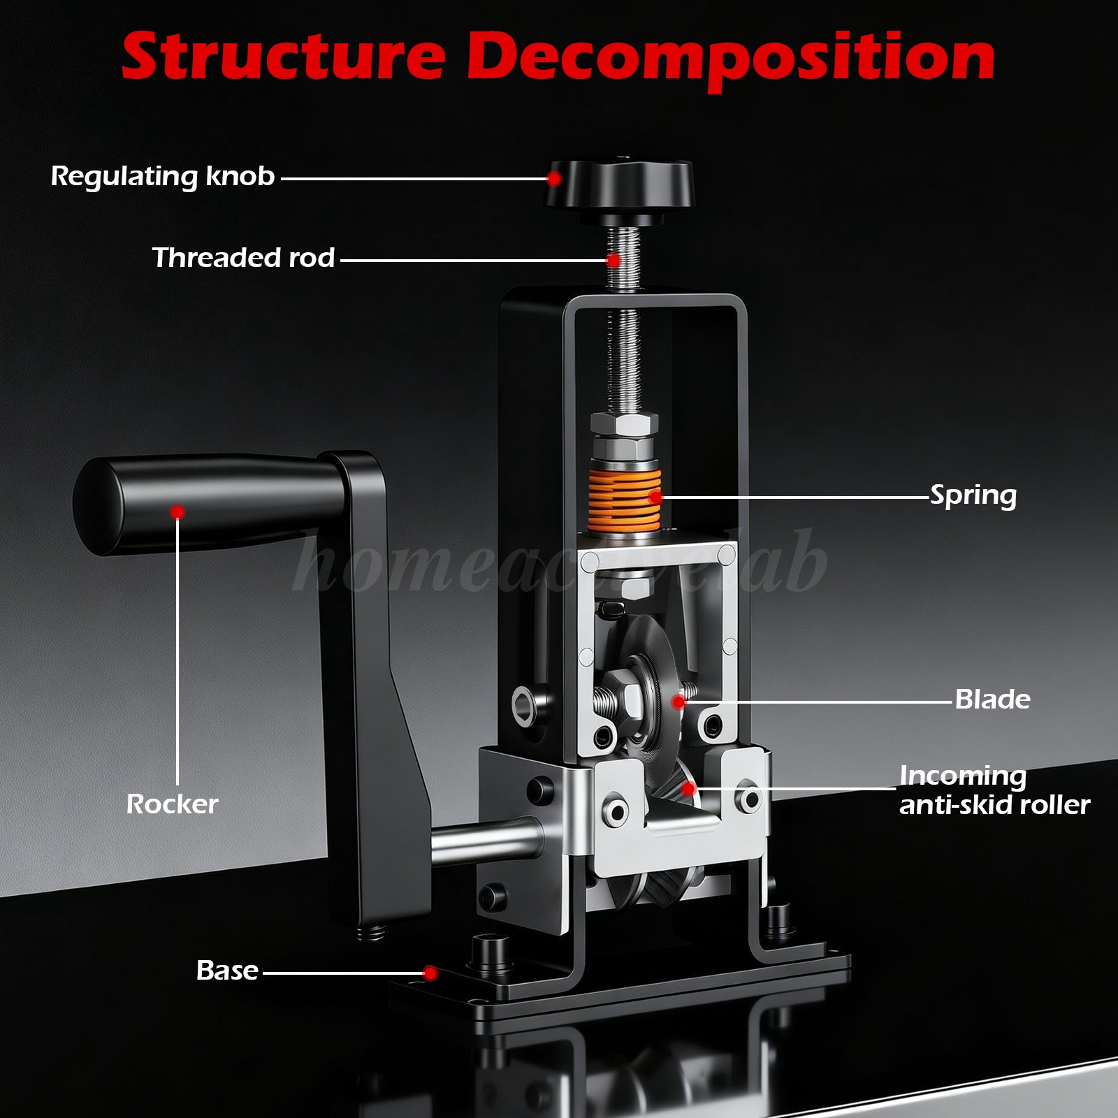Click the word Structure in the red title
tap(284, 57)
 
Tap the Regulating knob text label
tap(163, 177)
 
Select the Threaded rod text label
tap(243, 258)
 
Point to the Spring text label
tap(973, 496)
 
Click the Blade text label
tap(992, 699)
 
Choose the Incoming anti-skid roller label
tap(994, 790)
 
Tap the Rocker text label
tap(172, 804)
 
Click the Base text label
tap(227, 971)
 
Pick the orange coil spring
tap(624, 499)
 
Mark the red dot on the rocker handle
tap(177, 512)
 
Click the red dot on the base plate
tap(430, 973)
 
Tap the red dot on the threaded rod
tap(614, 261)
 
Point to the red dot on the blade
tap(678, 702)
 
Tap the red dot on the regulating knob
tap(553, 179)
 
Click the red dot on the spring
tap(655, 498)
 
